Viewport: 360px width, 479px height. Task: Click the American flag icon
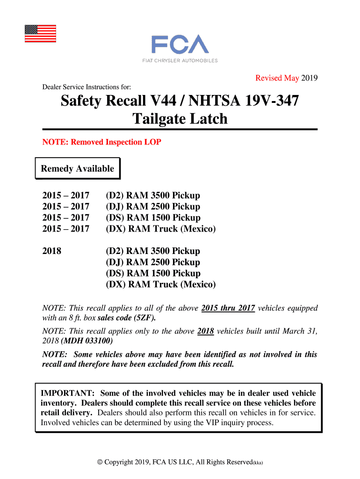tap(40, 33)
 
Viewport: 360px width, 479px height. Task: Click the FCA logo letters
tap(180, 45)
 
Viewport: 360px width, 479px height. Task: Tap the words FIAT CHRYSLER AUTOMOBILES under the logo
tap(180, 60)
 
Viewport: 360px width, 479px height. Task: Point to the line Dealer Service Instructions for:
tap(86, 87)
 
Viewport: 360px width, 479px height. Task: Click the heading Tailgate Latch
tap(180, 119)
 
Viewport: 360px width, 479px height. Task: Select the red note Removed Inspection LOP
tap(101, 142)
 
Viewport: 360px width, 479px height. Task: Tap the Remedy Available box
tap(78, 169)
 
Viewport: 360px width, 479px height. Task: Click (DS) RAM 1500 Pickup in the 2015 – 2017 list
tap(153, 218)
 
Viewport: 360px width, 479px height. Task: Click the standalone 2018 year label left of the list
tap(52, 251)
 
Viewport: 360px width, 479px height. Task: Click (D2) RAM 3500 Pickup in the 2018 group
tap(153, 251)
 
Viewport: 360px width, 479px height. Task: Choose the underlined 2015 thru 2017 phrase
tap(228, 308)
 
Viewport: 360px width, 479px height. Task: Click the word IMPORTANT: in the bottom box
tap(68, 393)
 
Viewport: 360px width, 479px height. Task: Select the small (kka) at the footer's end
tap(258, 463)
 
